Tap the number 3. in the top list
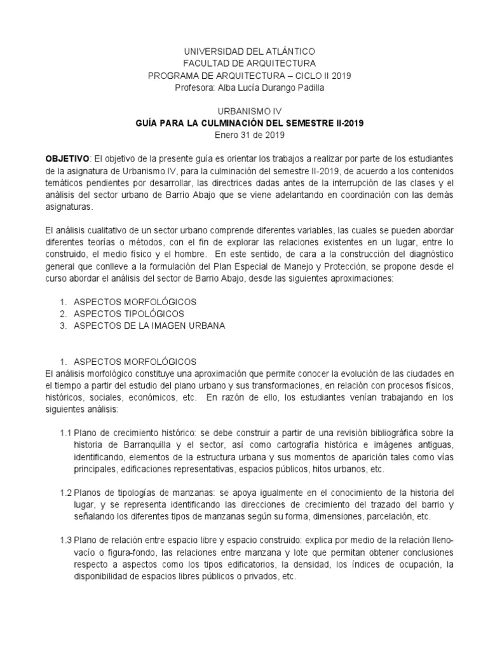pyautogui.click(x=63, y=325)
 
